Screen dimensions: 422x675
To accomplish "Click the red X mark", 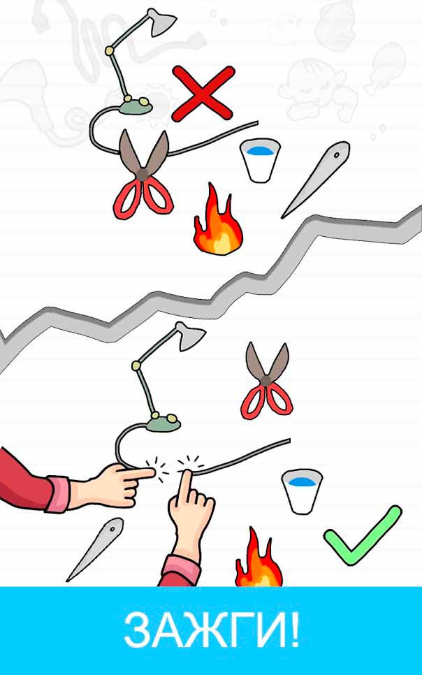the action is [x=203, y=94].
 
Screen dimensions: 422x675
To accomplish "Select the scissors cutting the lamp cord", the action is [x=143, y=175].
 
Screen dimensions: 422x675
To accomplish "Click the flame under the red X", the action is [x=218, y=220].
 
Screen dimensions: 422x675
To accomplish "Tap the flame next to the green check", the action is [x=259, y=559].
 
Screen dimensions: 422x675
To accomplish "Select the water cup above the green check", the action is [x=301, y=491].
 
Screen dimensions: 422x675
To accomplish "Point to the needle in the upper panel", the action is [x=316, y=180].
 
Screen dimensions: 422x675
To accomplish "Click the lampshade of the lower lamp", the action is [x=190, y=336].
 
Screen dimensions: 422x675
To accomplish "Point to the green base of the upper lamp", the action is [x=136, y=106].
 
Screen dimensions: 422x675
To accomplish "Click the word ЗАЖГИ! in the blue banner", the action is [x=211, y=631].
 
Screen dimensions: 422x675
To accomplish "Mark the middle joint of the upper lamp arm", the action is [x=110, y=51].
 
